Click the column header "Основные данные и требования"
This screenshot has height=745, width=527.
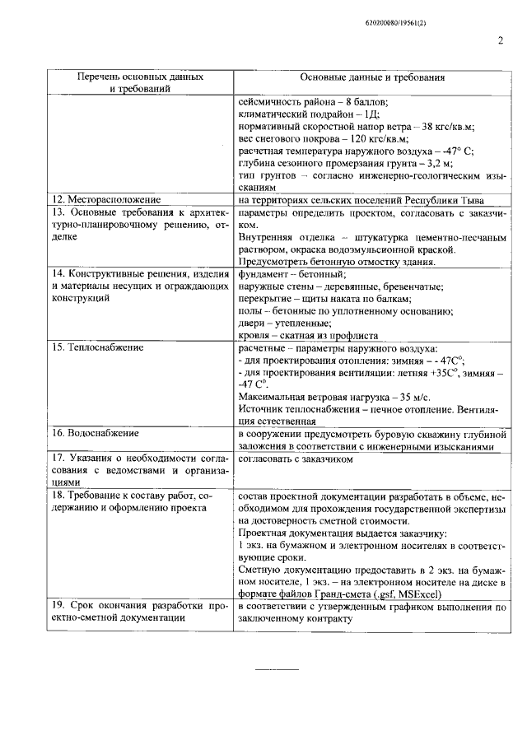coord(372,77)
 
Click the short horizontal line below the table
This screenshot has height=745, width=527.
coord(275,668)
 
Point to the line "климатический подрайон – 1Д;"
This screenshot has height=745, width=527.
coord(307,114)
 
